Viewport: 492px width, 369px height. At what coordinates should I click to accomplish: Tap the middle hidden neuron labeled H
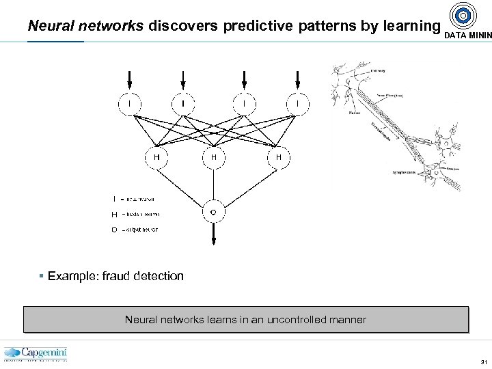coord(213,156)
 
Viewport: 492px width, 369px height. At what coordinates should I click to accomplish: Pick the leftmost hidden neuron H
coord(156,156)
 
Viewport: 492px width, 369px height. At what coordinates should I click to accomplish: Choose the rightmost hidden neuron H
coord(278,156)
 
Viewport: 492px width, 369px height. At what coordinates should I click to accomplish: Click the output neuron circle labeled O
coord(213,213)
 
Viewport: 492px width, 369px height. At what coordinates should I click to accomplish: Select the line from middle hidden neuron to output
coord(213,184)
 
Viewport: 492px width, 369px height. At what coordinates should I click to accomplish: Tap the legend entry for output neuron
coord(139,230)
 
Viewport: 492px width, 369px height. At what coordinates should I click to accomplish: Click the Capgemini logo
coord(36,354)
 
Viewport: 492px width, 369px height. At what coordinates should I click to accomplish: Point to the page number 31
coord(483,361)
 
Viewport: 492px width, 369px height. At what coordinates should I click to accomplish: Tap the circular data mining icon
coord(464,15)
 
